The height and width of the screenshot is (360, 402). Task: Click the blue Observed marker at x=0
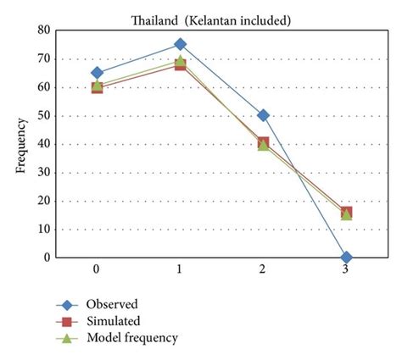[x=98, y=74]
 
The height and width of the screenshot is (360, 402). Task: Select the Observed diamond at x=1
[x=181, y=44]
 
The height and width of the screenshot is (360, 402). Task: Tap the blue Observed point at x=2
[x=263, y=115]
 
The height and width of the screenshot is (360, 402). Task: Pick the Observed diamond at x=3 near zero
[x=346, y=257]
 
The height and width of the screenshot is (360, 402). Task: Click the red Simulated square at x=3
[x=346, y=213]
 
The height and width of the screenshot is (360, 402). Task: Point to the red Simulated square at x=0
[x=98, y=87]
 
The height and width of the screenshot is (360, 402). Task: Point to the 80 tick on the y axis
[x=42, y=30]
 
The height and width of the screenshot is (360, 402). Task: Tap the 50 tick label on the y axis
[x=42, y=116]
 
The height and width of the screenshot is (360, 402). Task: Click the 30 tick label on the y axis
[x=42, y=173]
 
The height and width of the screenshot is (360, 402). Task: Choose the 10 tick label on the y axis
[x=42, y=230]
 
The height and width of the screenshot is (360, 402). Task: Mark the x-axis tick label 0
[x=98, y=269]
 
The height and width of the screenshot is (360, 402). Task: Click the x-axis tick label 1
[x=181, y=269]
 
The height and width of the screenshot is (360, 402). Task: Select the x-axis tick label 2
[x=263, y=269]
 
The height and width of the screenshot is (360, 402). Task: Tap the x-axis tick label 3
[x=346, y=269]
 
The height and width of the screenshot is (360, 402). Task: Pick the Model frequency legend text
[x=132, y=338]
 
